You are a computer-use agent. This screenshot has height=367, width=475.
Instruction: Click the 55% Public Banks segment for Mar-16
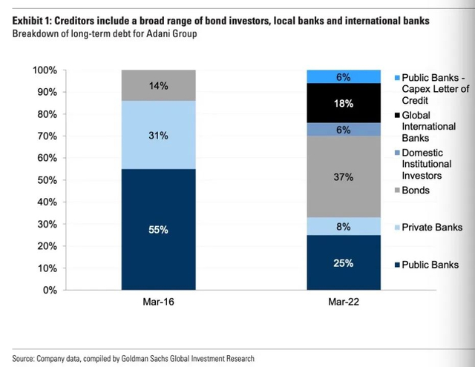(x=158, y=229)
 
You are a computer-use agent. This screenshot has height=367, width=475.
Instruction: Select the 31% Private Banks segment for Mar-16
(x=158, y=135)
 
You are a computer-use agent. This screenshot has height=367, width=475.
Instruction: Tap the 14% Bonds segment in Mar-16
(x=158, y=85)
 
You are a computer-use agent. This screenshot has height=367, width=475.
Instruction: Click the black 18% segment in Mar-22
(x=343, y=103)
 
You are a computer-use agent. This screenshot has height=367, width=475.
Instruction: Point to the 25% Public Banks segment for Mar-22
(x=343, y=262)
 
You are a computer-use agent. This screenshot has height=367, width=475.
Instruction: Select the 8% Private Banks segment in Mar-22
(x=343, y=226)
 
